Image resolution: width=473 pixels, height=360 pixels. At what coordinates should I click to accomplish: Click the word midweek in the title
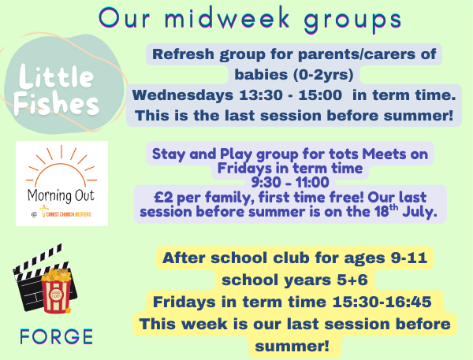[x=227, y=18]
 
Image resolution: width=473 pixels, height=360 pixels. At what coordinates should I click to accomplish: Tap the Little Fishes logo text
[x=56, y=90]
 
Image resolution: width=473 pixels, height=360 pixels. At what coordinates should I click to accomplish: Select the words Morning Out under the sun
[x=61, y=196]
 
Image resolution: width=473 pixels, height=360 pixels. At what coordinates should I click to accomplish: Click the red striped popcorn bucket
[x=57, y=291]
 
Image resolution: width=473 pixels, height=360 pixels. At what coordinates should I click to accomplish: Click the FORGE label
[x=57, y=336]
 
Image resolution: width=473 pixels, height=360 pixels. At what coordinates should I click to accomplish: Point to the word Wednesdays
[x=183, y=95]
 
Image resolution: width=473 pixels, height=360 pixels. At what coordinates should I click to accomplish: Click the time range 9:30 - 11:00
[x=290, y=183]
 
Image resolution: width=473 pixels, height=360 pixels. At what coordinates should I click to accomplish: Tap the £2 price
[x=163, y=198]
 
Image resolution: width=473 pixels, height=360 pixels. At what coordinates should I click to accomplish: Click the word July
[x=419, y=212]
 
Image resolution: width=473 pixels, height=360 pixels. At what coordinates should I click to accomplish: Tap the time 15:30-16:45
[x=382, y=302]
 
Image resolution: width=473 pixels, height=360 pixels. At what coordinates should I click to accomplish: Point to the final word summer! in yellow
[x=292, y=346]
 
